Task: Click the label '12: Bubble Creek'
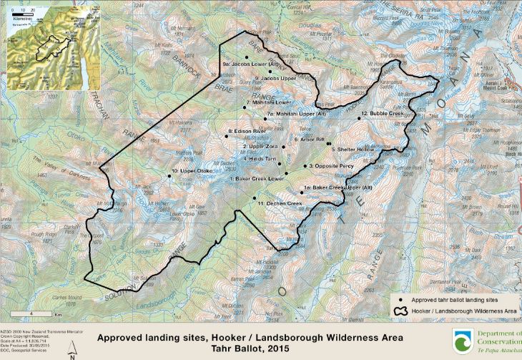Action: (383, 114)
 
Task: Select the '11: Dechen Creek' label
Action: (275, 204)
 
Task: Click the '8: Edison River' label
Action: (247, 132)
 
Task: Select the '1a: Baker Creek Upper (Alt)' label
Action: (338, 188)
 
